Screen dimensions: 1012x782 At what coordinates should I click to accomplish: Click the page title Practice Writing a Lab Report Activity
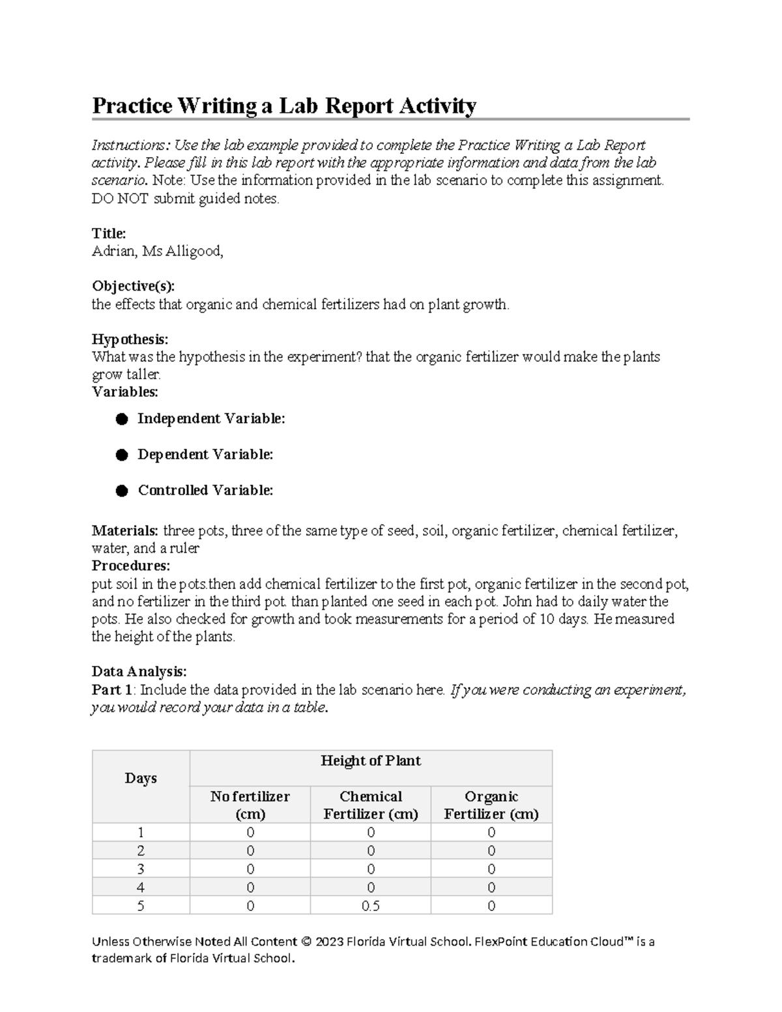point(284,106)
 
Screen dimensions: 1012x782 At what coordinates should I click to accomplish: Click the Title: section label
point(109,233)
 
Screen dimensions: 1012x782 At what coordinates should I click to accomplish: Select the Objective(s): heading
point(133,286)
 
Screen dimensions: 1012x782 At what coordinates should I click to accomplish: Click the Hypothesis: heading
point(130,340)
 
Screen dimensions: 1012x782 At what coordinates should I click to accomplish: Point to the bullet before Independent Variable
point(122,419)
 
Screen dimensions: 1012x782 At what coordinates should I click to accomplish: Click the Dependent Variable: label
point(205,454)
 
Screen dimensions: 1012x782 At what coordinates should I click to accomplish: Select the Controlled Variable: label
point(205,490)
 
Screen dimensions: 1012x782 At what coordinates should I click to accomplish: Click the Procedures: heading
point(130,566)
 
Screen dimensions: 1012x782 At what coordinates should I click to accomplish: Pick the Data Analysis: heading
point(139,671)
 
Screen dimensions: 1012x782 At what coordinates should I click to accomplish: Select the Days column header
point(141,778)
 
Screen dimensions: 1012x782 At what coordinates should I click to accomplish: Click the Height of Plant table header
point(371,760)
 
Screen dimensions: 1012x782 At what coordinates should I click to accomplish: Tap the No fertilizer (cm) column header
point(250,805)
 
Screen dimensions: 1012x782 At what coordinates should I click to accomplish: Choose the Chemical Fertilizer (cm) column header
point(371,805)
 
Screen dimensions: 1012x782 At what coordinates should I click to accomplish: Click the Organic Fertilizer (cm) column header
point(491,805)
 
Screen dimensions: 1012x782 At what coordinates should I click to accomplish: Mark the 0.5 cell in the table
point(371,906)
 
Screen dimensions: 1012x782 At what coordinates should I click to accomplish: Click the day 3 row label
point(141,869)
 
